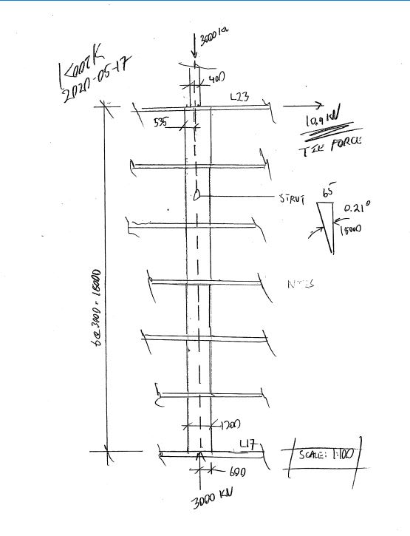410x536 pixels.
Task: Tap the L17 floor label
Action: pos(246,444)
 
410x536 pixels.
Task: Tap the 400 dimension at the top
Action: pos(217,78)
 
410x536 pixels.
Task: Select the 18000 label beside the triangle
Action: pos(349,230)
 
